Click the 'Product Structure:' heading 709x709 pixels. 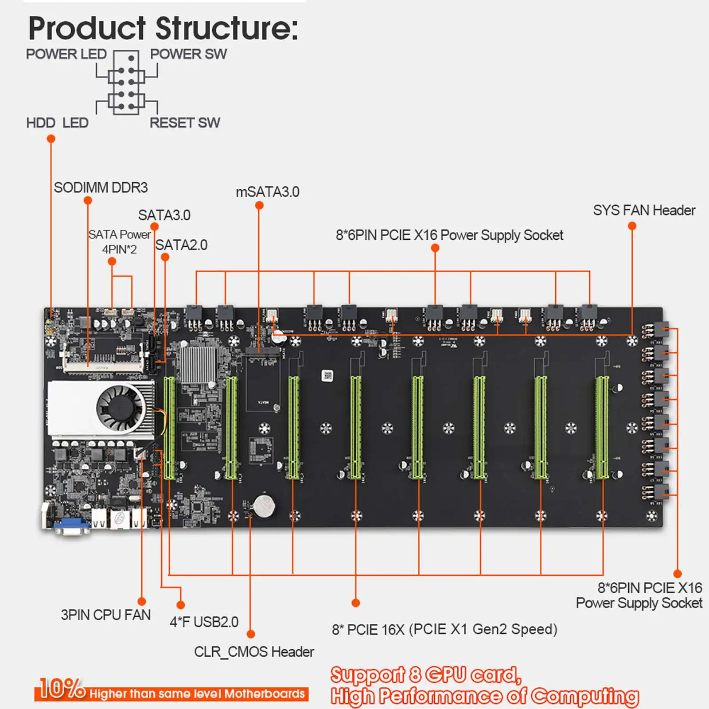(163, 28)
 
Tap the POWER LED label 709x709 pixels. (66, 54)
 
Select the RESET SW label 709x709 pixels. (185, 123)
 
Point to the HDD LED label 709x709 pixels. (57, 123)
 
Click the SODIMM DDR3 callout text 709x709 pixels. (101, 187)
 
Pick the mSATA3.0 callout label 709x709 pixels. (267, 192)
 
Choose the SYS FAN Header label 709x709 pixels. (644, 210)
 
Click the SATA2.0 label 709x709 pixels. (181, 245)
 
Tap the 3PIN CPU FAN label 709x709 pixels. (105, 615)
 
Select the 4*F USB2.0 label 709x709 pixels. (204, 622)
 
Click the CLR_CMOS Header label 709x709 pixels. (254, 652)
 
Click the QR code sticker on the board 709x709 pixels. (327, 376)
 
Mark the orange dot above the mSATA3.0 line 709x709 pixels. (260, 206)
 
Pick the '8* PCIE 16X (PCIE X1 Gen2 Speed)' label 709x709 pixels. (444, 629)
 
